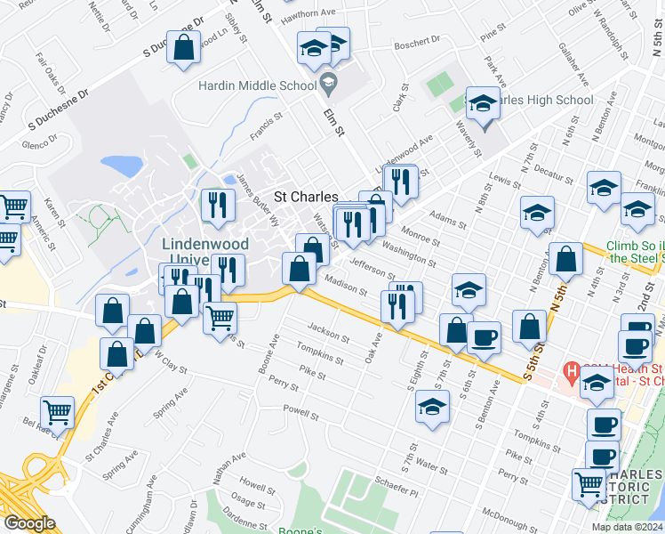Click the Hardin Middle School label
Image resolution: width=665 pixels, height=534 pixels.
256,86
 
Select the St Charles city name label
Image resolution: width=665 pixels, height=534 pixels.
305,197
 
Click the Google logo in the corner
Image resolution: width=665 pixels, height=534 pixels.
29,523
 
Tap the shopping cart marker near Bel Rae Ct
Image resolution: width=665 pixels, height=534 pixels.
58,413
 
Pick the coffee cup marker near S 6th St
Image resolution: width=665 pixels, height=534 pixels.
484,338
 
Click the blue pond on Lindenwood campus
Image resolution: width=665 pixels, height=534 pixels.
122,166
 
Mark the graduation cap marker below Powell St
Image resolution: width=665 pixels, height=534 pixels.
433,407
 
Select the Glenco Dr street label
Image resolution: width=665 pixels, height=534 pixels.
39,145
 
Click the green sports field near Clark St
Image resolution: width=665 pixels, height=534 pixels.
439,85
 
